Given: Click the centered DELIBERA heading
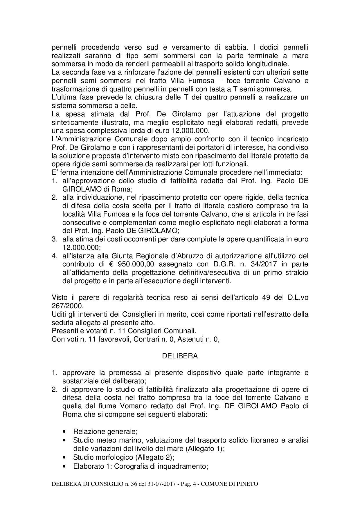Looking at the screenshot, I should point(180,356).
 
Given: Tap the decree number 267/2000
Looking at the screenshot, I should point(67,306).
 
